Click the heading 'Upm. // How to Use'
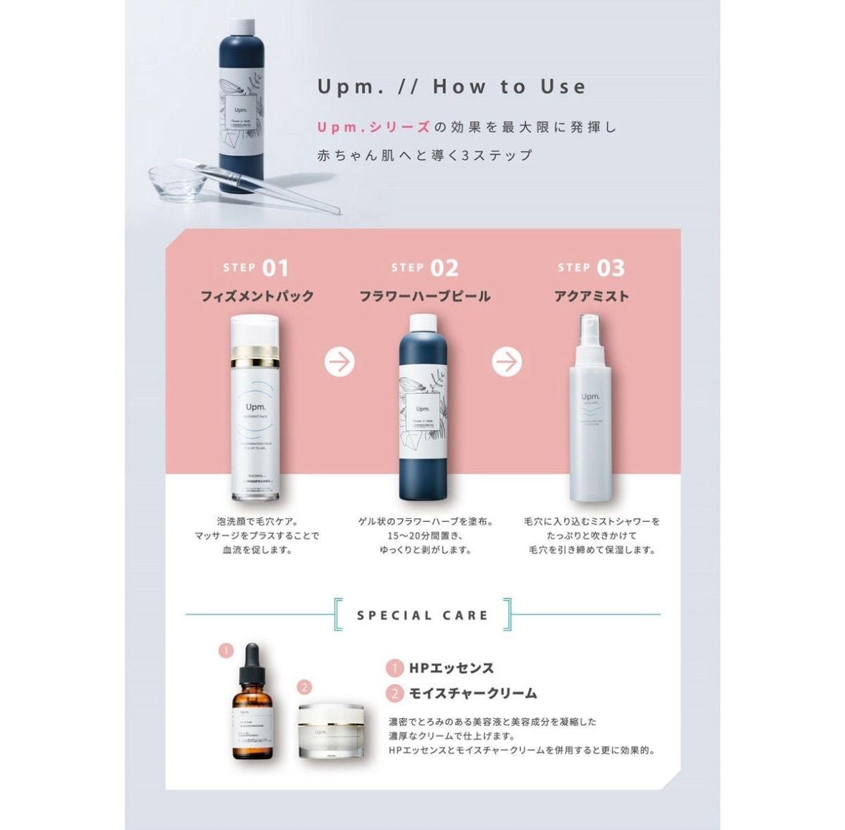pos(452,87)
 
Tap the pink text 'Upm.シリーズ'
pos(373,127)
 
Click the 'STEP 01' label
pos(255,268)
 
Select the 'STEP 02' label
pos(424,268)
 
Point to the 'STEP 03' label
pos(591,268)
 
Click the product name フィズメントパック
pos(257,296)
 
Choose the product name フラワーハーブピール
pos(424,296)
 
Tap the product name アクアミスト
pos(591,296)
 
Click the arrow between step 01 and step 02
pos(340,361)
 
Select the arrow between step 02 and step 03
pos(507,361)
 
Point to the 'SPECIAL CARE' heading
pos(423,615)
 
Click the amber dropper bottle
pos(252,724)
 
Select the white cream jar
pos(330,731)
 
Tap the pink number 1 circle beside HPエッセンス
pos(394,668)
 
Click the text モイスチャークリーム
pos(472,693)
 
